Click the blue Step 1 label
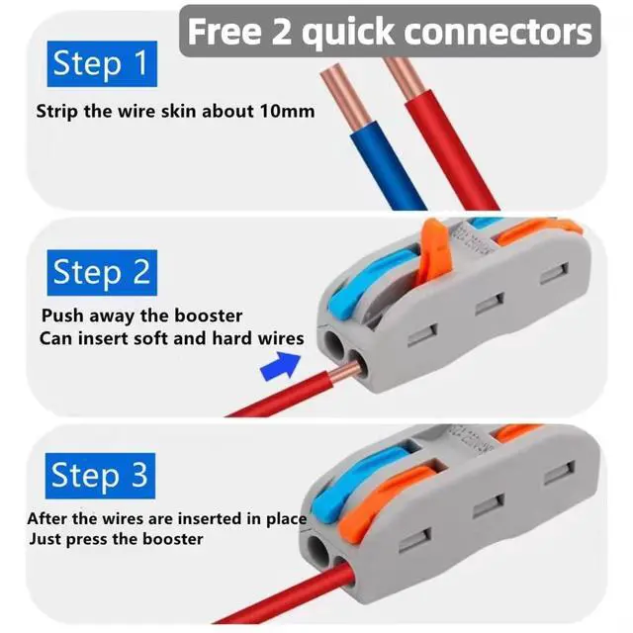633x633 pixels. tap(102, 63)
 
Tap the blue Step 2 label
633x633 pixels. tap(102, 273)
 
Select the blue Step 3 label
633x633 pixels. tap(100, 476)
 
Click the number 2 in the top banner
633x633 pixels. tap(281, 31)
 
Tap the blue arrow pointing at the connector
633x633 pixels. tap(281, 366)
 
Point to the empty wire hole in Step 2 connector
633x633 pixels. tap(334, 344)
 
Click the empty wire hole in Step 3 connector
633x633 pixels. tap(318, 551)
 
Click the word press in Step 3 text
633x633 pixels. tap(88, 540)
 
